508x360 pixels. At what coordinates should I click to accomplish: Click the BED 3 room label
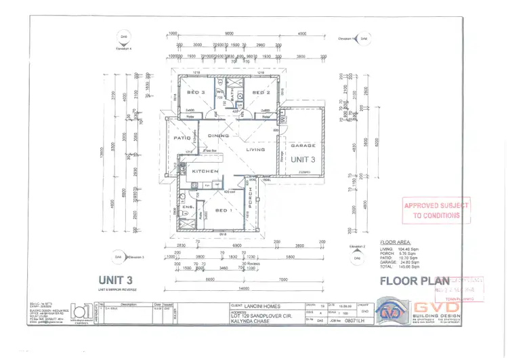point(197,92)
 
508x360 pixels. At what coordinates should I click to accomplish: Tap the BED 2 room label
point(261,92)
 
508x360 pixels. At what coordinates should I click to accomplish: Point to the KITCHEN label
point(205,172)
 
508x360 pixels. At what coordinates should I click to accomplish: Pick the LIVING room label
point(255,149)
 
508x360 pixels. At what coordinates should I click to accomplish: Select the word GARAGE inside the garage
point(303,146)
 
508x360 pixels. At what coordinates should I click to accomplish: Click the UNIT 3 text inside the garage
point(303,160)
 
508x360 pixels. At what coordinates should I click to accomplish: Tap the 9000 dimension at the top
point(229,33)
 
